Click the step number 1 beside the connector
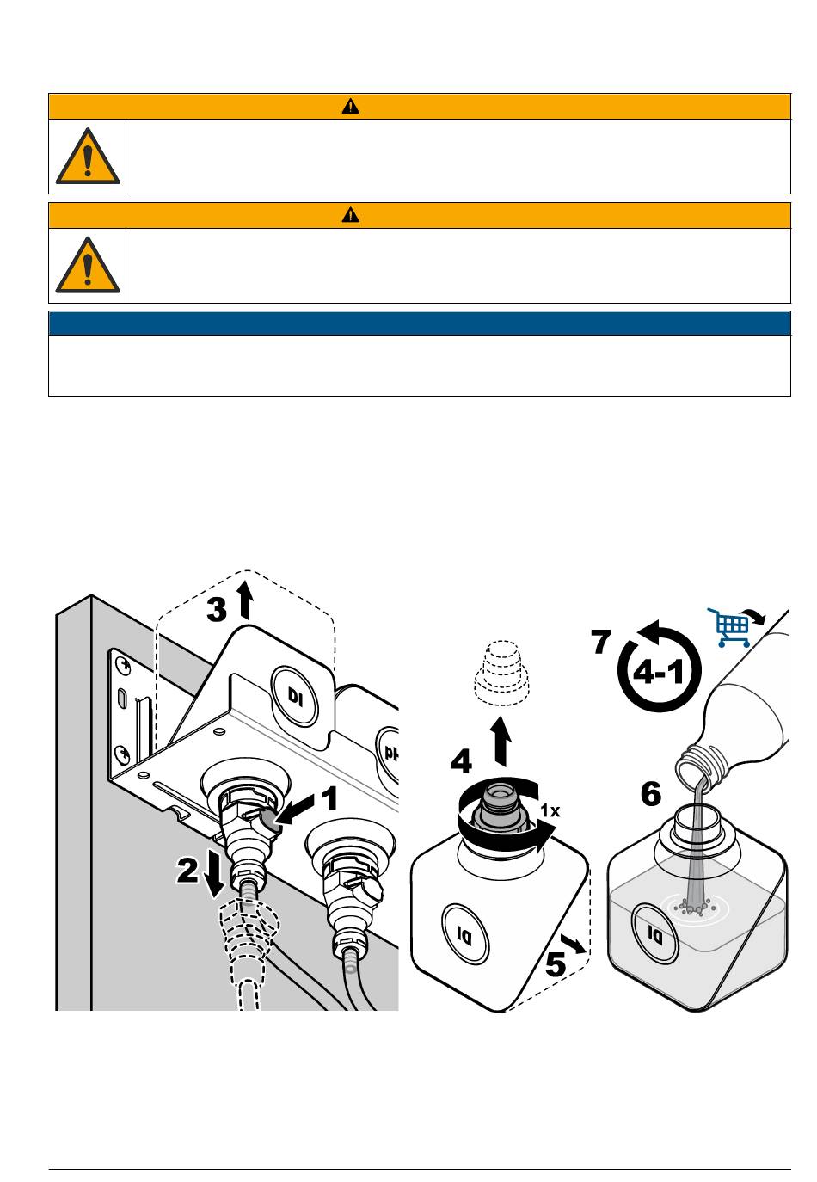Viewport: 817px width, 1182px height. [329, 801]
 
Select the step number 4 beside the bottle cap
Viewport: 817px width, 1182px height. [462, 762]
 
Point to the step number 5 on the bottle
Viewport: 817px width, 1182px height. [556, 963]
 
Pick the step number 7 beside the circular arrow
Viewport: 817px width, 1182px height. [601, 643]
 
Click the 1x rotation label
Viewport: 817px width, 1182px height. [550, 810]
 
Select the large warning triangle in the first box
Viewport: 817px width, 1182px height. [88, 157]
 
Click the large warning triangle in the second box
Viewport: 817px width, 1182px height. [88, 266]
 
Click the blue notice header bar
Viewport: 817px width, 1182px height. [419, 323]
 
